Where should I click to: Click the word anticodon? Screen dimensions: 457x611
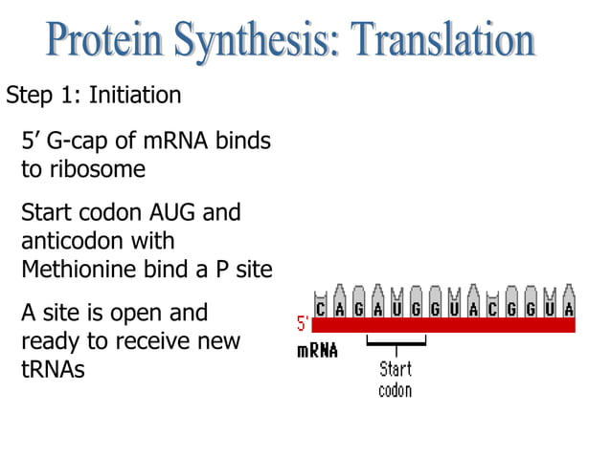(x=70, y=240)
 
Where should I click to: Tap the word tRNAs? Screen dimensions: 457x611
(x=52, y=369)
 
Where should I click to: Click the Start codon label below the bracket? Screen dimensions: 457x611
(x=396, y=380)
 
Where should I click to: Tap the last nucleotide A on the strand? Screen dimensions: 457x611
(x=569, y=308)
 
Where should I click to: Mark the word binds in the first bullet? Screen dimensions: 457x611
(x=244, y=142)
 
